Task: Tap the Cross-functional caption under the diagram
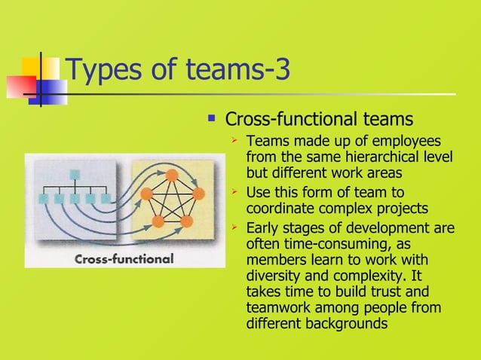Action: click(124, 258)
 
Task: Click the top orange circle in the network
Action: click(171, 175)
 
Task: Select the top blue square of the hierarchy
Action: click(75, 175)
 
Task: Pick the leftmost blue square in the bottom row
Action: click(44, 199)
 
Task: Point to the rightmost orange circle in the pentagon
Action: click(198, 194)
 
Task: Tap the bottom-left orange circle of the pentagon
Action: click(158, 221)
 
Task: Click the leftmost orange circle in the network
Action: click(146, 194)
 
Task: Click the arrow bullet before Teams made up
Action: click(235, 140)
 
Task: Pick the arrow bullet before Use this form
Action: click(235, 192)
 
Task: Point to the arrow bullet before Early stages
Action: click(235, 227)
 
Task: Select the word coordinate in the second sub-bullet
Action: click(280, 209)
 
